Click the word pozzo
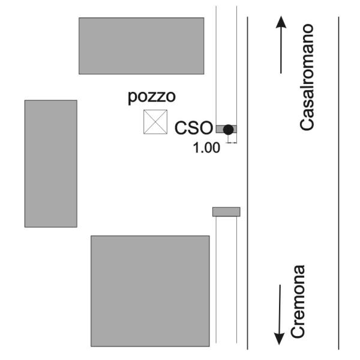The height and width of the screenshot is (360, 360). tap(152, 97)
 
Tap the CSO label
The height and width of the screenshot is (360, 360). tap(194, 128)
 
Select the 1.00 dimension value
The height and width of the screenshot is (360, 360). tap(206, 148)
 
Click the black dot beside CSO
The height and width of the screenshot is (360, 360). tap(228, 130)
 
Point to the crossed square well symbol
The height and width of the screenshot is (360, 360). tap(155, 122)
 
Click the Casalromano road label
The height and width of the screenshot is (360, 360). tap(307, 77)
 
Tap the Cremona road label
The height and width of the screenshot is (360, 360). tap(298, 301)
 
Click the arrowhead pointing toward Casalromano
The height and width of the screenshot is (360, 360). tap(281, 22)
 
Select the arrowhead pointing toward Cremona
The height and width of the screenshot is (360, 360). tap(279, 338)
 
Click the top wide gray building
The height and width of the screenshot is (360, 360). tap(142, 46)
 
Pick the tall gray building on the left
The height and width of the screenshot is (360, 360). tap(51, 164)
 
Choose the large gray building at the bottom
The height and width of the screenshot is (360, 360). tap(150, 291)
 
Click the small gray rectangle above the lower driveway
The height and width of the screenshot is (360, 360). tap(226, 212)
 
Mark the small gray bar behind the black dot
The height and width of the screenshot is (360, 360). tap(226, 129)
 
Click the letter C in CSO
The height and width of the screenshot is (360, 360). tap(181, 128)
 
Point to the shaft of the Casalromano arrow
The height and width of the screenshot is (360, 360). tap(281, 50)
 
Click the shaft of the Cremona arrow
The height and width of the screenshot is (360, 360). tap(280, 309)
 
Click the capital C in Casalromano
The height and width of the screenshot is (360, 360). tap(307, 124)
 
